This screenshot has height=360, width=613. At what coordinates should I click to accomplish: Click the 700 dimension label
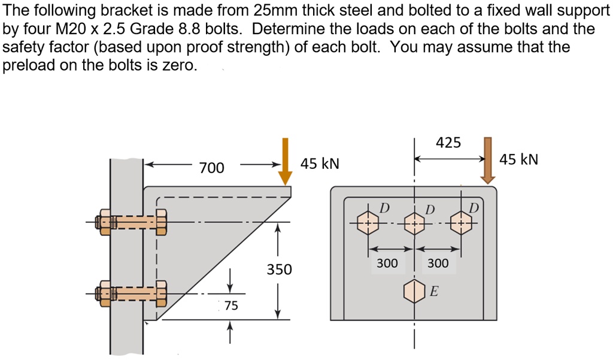pos(211,168)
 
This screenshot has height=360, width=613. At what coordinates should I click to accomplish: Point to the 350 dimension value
pos(279,270)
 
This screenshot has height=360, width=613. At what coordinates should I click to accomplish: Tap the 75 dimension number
pos(231,306)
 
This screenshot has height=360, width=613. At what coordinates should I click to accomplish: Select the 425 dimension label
pos(448,143)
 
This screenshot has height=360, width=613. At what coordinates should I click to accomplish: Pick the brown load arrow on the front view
pos(488,159)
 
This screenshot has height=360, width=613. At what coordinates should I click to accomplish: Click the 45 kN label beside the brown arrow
pos(519,159)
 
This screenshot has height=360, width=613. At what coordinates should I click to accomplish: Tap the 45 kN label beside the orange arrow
pos(320,164)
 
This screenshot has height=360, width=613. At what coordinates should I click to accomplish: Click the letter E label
pos(434,292)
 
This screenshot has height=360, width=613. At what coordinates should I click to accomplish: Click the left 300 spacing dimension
pos(387,263)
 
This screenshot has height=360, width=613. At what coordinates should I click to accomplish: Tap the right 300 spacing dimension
pos(438,263)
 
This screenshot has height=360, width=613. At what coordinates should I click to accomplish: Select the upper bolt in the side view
pos(132,222)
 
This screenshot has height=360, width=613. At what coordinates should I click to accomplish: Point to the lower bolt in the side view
pos(132,294)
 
